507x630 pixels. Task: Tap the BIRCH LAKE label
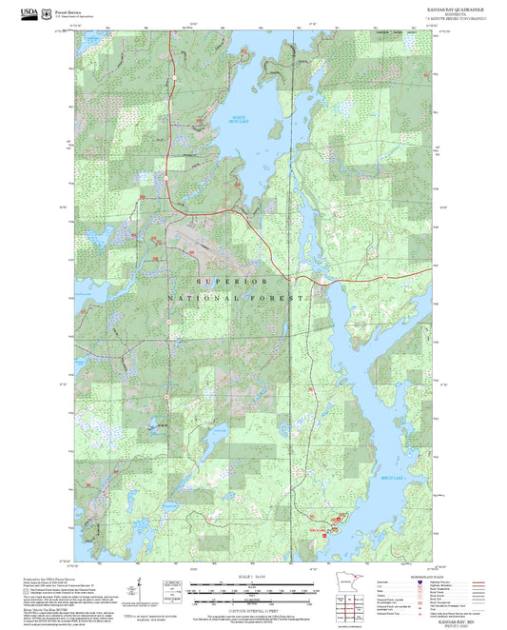(x=392, y=478)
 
